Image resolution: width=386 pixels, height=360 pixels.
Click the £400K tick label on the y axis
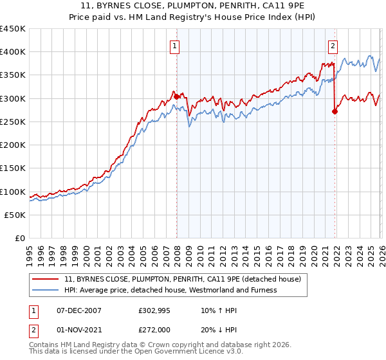(x=13, y=52)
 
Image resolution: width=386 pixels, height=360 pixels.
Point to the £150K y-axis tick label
(x=13, y=168)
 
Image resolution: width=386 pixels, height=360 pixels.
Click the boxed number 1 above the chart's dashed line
(x=175, y=46)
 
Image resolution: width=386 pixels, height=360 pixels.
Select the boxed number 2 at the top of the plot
(x=333, y=46)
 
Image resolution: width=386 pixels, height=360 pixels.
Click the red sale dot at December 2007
(x=176, y=97)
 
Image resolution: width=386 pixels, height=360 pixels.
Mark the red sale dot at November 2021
(x=335, y=111)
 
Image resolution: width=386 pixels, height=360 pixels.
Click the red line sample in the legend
(x=46, y=279)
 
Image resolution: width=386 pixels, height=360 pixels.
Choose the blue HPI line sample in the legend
(x=46, y=290)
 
